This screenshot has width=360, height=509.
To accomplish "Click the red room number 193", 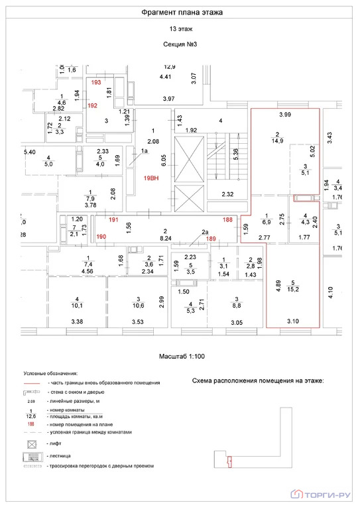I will pyautogui.click(x=96, y=83).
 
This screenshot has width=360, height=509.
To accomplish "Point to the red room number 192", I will pyautogui.click(x=93, y=106).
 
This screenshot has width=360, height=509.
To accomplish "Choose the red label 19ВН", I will pyautogui.click(x=152, y=178).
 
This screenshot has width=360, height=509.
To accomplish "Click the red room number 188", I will pyautogui.click(x=227, y=220).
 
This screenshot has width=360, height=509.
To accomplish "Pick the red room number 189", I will pyautogui.click(x=211, y=239).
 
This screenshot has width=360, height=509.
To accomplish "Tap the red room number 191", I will pyautogui.click(x=113, y=220).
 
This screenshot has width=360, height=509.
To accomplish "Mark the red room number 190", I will pyautogui.click(x=101, y=237).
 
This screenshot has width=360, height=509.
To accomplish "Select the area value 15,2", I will pyautogui.click(x=292, y=289).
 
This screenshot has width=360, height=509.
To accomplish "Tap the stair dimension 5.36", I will pyautogui.click(x=236, y=154).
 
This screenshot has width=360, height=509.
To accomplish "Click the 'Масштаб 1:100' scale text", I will pyautogui.click(x=181, y=357).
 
